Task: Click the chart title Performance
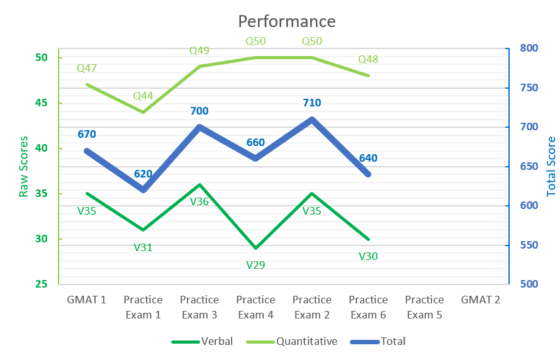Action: point(286,21)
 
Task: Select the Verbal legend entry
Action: point(216,342)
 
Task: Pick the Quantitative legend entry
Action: point(306,342)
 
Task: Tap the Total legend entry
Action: point(393,342)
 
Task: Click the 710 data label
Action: point(312,103)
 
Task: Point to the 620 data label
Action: point(143,174)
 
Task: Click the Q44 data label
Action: point(143,96)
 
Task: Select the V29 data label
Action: point(255,265)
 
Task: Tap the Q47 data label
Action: point(87,68)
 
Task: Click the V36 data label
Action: point(199,201)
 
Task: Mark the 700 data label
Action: point(199,111)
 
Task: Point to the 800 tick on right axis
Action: point(530,48)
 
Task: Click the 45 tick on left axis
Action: point(42,103)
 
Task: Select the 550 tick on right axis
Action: point(530,245)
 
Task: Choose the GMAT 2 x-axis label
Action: point(481,300)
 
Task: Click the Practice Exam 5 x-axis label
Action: point(425,307)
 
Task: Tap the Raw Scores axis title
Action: point(24,166)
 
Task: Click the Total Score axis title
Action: point(551,166)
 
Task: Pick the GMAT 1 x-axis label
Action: point(87,300)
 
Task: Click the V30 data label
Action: point(368,256)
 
